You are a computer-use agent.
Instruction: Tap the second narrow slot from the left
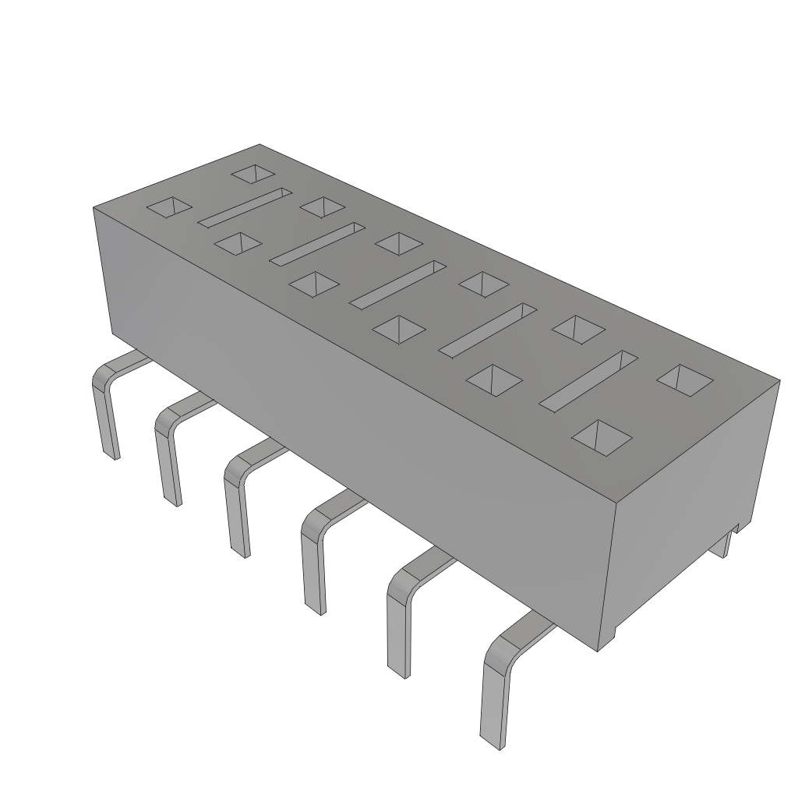(x=317, y=243)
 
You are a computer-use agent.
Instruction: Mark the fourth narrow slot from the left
(x=488, y=330)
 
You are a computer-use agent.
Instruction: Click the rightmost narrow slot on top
(x=588, y=381)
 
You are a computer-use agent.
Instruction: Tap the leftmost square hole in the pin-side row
(x=170, y=207)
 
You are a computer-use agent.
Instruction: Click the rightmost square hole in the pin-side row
(x=601, y=437)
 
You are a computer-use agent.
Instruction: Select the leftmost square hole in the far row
(x=254, y=174)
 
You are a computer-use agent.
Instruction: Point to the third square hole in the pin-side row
(x=313, y=284)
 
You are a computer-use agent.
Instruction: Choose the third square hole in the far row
(x=399, y=242)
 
